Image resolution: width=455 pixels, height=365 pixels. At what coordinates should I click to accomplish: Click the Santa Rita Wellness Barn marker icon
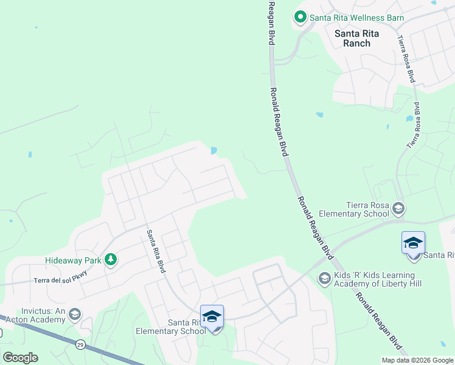(x=300, y=18)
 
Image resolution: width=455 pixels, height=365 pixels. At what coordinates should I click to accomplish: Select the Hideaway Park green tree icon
(x=111, y=260)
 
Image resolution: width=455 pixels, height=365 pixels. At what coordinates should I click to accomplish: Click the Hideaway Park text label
(x=73, y=260)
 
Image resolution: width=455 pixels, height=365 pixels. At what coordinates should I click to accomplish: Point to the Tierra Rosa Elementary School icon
(x=398, y=209)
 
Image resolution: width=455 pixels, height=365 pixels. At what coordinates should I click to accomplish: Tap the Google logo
(x=21, y=357)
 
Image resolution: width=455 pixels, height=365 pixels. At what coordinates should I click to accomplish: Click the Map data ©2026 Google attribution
(x=417, y=360)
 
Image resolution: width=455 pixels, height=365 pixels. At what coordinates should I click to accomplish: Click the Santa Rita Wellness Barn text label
(x=356, y=18)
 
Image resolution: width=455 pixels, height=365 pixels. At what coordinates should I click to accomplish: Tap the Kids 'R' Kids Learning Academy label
(x=378, y=279)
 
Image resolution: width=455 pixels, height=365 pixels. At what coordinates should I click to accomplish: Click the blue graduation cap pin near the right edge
(x=413, y=244)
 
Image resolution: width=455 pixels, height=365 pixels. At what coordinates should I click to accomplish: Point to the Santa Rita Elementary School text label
(x=171, y=327)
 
